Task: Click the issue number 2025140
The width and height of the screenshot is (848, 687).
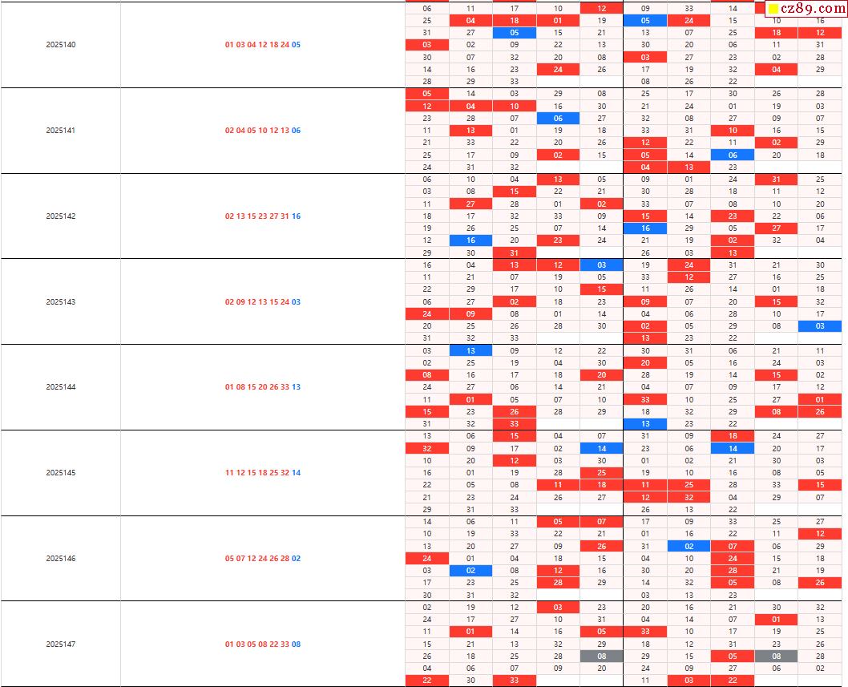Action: (61, 45)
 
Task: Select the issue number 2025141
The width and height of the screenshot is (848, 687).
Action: (61, 131)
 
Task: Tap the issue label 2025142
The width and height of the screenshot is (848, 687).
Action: (61, 216)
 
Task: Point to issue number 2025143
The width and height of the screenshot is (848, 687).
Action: (61, 302)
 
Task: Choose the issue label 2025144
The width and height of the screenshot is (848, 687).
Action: (61, 387)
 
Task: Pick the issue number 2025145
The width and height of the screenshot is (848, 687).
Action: (61, 473)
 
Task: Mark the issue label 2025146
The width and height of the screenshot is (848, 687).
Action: (61, 559)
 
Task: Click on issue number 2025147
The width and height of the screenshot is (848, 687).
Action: (61, 645)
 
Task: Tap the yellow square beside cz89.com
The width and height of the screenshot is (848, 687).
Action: (773, 10)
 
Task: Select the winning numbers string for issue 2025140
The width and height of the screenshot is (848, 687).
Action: (263, 45)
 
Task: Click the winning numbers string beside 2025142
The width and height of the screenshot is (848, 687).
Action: (263, 216)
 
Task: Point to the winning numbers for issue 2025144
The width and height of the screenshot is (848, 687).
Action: (263, 387)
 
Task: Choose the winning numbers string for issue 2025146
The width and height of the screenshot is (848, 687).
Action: (263, 559)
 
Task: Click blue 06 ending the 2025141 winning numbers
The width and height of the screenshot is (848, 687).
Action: (296, 131)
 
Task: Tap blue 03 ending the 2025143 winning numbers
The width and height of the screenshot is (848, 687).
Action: (296, 302)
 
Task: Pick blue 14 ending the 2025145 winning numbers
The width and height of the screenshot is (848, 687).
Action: (296, 473)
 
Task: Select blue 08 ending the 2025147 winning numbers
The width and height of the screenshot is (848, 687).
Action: (296, 645)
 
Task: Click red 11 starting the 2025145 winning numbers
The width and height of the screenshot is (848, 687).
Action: (230, 473)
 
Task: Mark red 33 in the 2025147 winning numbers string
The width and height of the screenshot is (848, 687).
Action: (285, 645)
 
